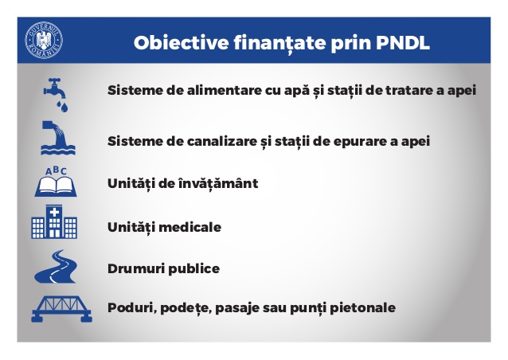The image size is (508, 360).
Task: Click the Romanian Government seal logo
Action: point(44,40)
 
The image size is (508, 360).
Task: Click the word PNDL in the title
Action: point(403,42)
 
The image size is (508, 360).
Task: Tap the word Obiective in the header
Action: point(182,42)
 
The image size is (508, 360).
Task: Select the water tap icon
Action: point(56,95)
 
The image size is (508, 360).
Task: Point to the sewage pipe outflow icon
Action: point(58,138)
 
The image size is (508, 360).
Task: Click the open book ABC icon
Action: point(56,182)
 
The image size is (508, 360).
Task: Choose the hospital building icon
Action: point(54,222)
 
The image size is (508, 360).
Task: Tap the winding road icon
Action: point(56,267)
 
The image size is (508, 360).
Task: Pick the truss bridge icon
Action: point(61,309)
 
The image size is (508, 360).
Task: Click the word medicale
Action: point(190,227)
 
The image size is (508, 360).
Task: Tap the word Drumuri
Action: point(136,268)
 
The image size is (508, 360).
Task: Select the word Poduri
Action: point(132,307)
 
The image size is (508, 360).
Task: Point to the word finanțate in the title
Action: point(279,43)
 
